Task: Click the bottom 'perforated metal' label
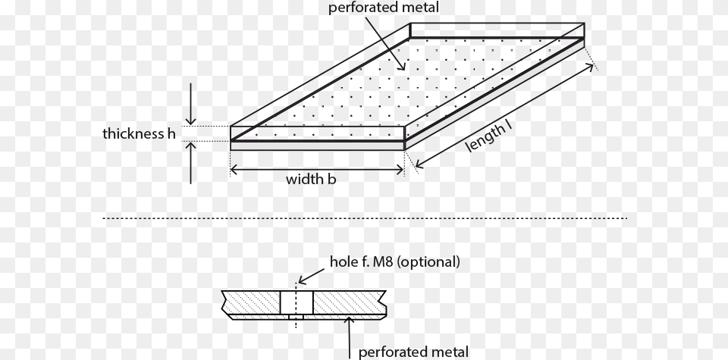pos(413,352)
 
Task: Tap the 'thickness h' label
pos(140,135)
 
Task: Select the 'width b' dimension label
pos(311,180)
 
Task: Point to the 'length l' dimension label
pos(490,137)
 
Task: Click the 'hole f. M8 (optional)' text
pos(394,262)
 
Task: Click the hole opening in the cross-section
pos(297,302)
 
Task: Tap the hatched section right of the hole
pos(345,302)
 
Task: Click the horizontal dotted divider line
pos(364,218)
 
